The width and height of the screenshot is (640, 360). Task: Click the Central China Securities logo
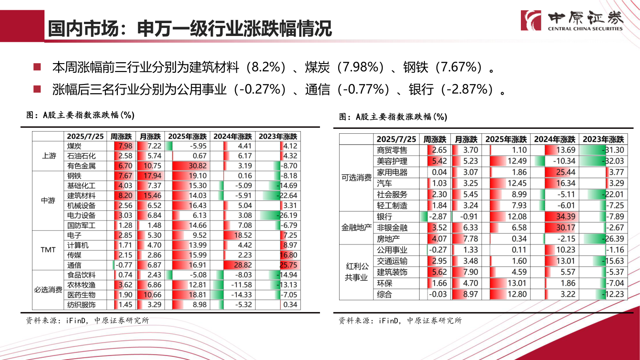[572, 20]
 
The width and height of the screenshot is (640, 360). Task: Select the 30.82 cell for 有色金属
[187, 166]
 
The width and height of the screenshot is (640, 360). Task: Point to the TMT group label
[48, 250]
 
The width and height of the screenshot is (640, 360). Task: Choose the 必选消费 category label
[48, 290]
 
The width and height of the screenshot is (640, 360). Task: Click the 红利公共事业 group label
[357, 272]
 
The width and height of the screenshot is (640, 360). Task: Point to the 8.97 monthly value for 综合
[467, 294]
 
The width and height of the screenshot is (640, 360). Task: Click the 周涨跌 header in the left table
[121, 136]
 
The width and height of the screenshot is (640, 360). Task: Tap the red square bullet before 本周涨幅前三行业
[37, 68]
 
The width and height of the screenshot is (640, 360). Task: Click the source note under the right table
[400, 320]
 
